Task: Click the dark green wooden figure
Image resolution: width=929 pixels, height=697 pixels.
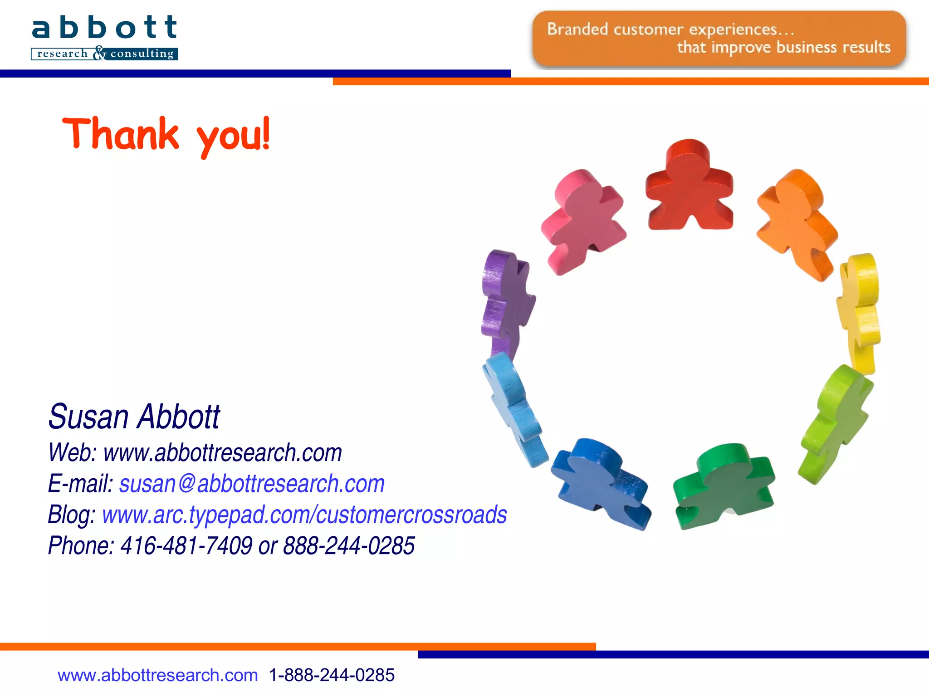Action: (724, 486)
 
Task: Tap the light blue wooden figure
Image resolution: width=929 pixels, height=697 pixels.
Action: (515, 408)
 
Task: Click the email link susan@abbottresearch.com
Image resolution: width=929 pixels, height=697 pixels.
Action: (252, 484)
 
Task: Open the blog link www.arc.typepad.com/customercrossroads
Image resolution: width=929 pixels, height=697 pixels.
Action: (304, 515)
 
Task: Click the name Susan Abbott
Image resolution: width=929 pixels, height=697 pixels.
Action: (134, 417)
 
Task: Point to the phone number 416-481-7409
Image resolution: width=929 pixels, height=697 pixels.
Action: (186, 545)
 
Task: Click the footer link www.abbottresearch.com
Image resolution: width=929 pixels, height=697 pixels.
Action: (157, 675)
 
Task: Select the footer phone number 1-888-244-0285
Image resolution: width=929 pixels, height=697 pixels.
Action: (332, 675)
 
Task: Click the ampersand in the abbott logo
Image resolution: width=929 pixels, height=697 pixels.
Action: (99, 53)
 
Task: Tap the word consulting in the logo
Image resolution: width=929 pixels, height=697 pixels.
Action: (142, 54)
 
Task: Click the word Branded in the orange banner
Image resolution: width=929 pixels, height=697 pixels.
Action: (577, 29)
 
